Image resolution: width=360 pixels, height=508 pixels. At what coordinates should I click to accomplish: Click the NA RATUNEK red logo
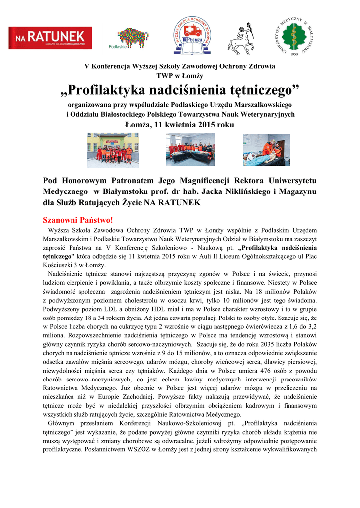point(51,37)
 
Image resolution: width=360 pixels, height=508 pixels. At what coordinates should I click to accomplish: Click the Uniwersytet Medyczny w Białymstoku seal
point(296,34)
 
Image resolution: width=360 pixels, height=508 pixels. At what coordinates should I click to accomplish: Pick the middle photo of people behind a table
point(190,149)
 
